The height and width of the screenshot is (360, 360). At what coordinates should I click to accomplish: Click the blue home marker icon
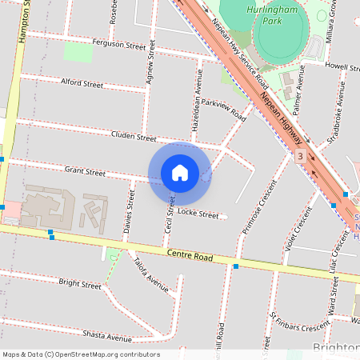tap(180, 172)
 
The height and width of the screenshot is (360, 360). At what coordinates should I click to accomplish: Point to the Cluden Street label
tap(134, 137)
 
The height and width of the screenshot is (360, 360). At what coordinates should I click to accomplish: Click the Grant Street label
tap(85, 171)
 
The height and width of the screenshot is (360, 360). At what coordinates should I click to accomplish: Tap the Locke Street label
tap(198, 214)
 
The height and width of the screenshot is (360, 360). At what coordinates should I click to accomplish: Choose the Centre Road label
tap(190, 257)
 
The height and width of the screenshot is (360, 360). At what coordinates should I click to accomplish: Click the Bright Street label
tap(80, 284)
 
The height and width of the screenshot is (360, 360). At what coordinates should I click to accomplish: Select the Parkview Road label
tap(224, 109)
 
